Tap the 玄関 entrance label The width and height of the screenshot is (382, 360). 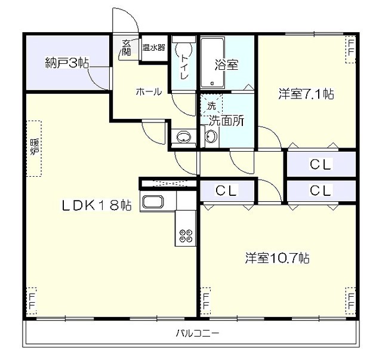127,48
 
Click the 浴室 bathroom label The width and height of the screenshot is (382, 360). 226,64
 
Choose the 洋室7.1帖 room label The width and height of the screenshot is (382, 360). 306,94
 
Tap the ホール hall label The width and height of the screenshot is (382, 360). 149,92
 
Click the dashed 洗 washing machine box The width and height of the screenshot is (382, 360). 211,105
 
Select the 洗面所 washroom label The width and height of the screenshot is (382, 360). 226,119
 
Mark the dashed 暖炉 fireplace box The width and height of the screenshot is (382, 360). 33,149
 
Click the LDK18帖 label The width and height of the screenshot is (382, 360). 97,205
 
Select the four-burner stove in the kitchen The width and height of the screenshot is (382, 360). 185,236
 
